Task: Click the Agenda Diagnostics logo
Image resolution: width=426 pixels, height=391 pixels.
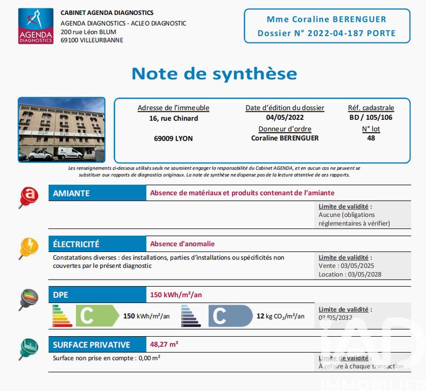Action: (35, 25)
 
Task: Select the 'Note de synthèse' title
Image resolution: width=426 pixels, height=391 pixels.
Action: (214, 73)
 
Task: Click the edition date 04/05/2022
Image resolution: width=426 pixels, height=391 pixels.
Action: (284, 118)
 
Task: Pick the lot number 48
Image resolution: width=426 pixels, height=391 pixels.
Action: (371, 138)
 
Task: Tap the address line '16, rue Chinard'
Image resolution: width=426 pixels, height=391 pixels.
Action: (174, 118)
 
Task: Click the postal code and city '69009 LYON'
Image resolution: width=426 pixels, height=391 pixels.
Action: (173, 139)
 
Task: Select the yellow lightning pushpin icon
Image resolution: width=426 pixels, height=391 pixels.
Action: (28, 247)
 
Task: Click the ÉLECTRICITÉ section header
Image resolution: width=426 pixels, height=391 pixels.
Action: (76, 244)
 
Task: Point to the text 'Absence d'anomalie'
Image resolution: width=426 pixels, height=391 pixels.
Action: (183, 244)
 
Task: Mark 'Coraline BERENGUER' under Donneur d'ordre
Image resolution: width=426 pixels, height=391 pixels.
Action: (284, 138)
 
